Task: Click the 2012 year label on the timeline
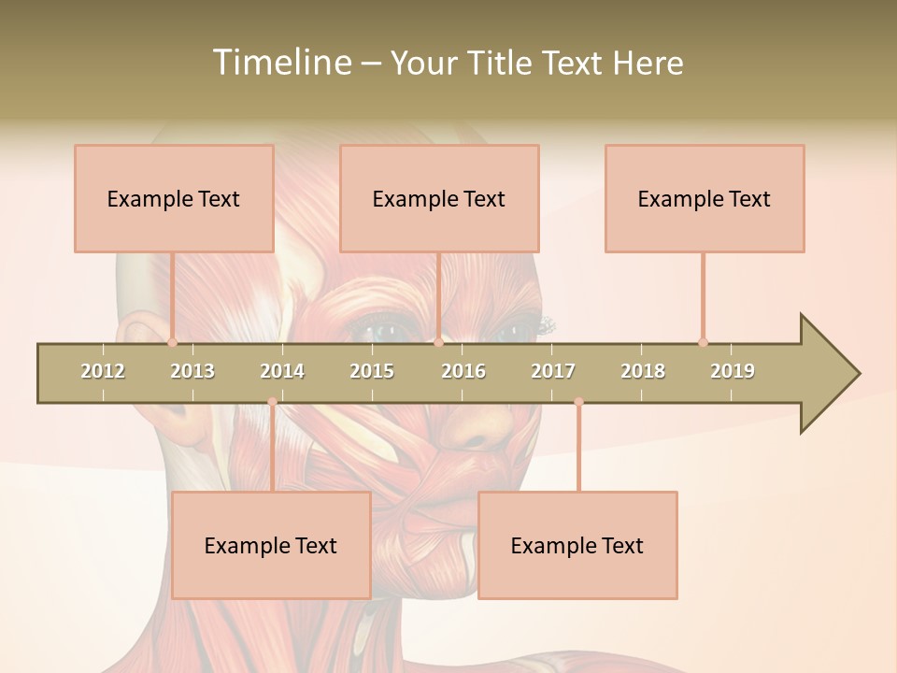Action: click(103, 371)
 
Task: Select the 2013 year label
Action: click(192, 371)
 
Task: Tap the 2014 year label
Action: click(282, 371)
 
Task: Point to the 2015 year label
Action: click(372, 371)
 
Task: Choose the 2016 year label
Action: click(463, 371)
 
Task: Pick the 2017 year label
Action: click(553, 371)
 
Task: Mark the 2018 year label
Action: click(643, 371)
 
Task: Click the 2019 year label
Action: click(733, 371)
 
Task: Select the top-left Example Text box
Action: click(174, 198)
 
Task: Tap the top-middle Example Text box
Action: click(439, 198)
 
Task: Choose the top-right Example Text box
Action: click(705, 198)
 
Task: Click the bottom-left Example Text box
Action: click(271, 545)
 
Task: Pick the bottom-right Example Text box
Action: click(577, 545)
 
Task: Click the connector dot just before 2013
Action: click(172, 342)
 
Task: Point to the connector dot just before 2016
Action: click(438, 342)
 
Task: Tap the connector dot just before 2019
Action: click(703, 342)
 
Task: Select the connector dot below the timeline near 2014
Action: click(272, 402)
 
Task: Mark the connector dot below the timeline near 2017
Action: click(578, 402)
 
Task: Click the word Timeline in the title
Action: click(280, 63)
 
